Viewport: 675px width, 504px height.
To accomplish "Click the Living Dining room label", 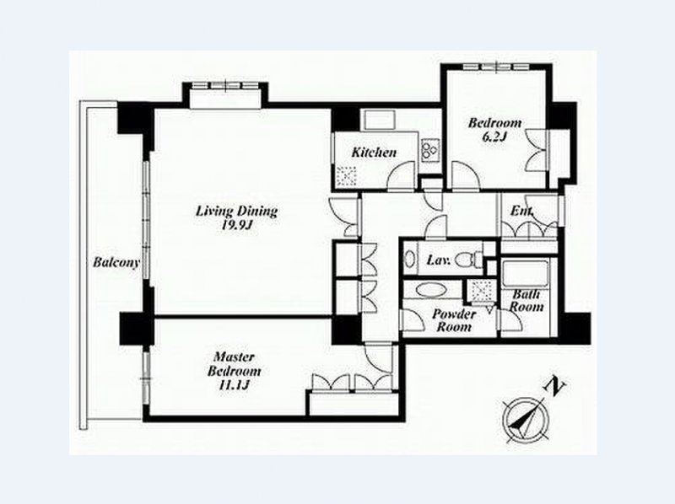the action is [x=237, y=212].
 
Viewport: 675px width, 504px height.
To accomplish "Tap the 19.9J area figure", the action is [x=236, y=225].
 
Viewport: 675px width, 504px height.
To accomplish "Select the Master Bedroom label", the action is [x=234, y=364].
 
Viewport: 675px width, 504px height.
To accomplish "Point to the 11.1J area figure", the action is [x=235, y=385].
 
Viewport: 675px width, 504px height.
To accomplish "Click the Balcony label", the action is [x=116, y=262].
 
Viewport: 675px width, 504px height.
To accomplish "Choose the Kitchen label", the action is [x=374, y=153].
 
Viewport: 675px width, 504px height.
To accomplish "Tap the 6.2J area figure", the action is [x=494, y=137].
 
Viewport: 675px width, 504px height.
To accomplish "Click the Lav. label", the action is [x=439, y=260].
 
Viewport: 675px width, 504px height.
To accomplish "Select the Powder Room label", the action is [x=454, y=320].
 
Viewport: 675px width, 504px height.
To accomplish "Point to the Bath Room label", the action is [x=526, y=301].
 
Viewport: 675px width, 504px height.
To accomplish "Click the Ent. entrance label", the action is [x=521, y=211].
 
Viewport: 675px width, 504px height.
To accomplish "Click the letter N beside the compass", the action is [x=555, y=387].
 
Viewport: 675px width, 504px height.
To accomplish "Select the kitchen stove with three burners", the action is [x=430, y=150].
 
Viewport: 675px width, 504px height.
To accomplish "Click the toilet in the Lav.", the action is [x=469, y=260].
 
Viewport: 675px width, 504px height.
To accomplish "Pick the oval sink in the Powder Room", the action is [x=431, y=290].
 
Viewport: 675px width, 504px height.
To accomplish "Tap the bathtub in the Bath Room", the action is [x=525, y=273].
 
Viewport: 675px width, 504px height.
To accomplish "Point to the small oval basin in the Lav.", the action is [x=410, y=260].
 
